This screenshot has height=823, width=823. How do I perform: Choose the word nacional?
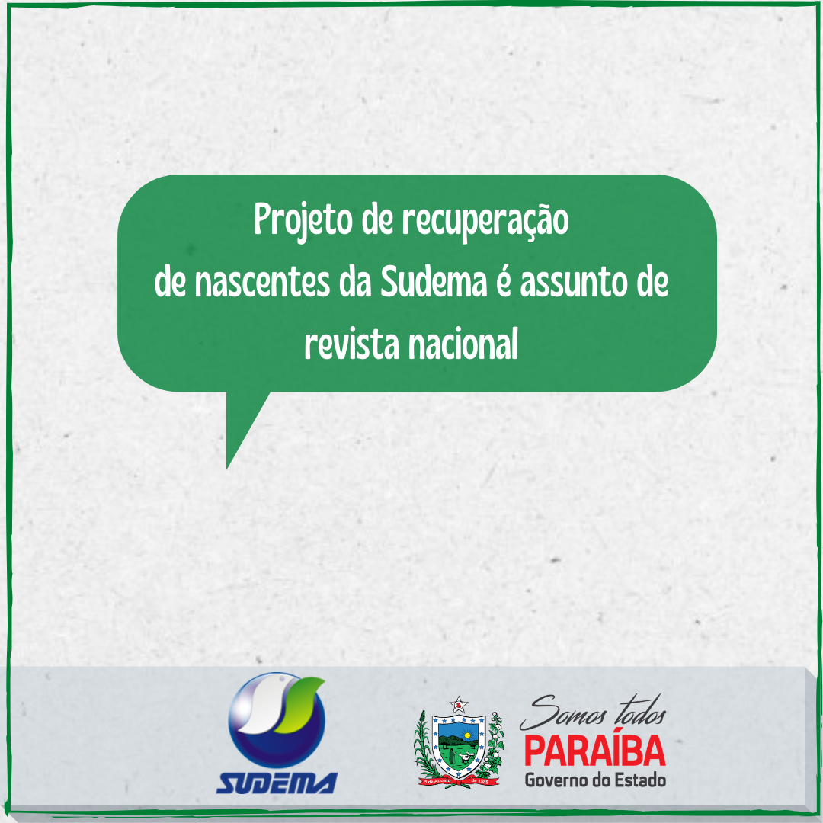(x=463, y=346)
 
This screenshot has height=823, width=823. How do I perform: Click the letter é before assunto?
(x=501, y=283)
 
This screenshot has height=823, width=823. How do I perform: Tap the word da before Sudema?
(x=355, y=284)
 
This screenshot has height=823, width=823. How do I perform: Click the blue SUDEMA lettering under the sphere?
(x=277, y=783)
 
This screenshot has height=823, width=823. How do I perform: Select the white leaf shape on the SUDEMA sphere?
(x=260, y=709)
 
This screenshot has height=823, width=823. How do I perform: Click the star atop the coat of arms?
(x=457, y=704)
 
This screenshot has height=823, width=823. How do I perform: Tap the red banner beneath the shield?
(x=457, y=782)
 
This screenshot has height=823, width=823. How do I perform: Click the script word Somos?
(x=561, y=716)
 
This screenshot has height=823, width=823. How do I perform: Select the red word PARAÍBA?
(x=594, y=751)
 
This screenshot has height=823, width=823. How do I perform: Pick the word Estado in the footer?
(x=642, y=780)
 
